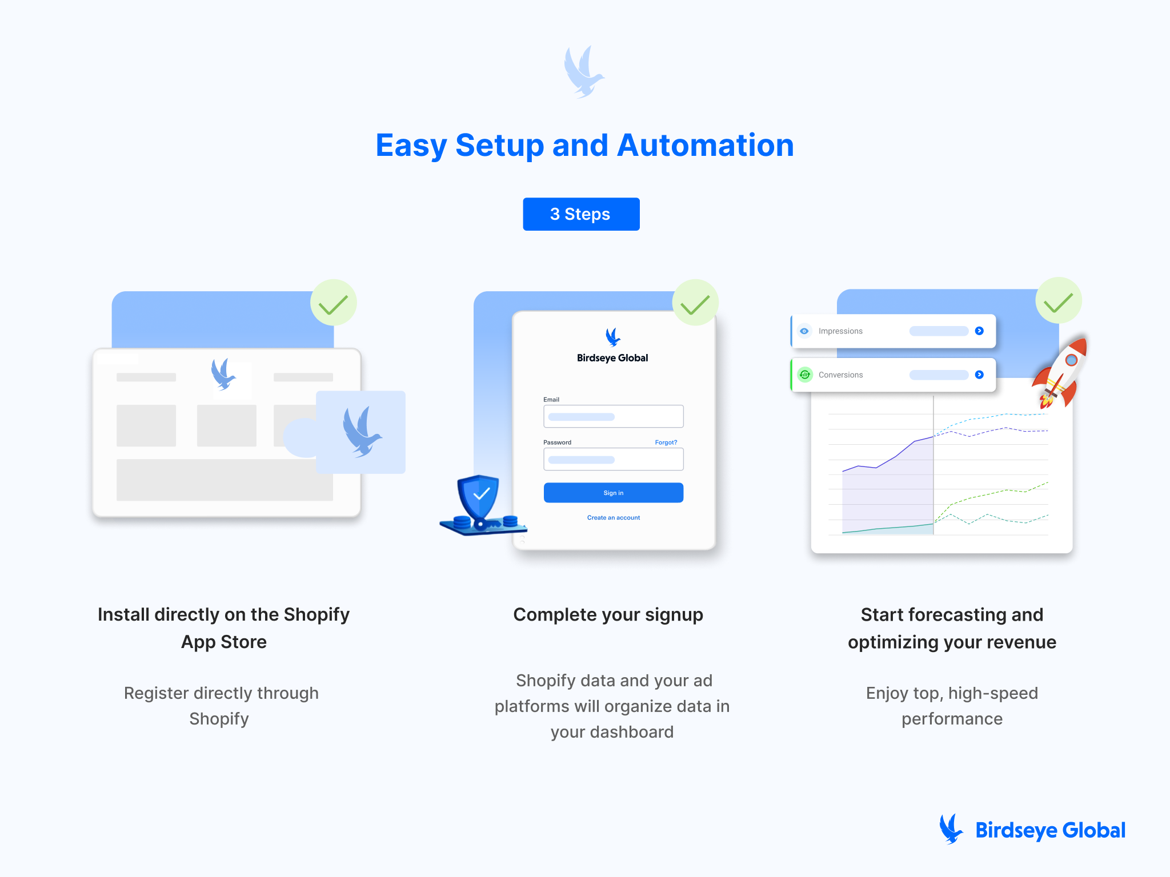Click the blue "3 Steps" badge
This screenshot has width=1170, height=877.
click(x=581, y=214)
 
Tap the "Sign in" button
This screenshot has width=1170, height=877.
click(x=613, y=493)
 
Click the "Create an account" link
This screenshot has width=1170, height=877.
click(x=613, y=518)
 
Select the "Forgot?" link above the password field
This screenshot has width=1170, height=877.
click(x=666, y=442)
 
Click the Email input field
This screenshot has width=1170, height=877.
click(x=613, y=416)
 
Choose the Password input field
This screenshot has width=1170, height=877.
click(x=613, y=460)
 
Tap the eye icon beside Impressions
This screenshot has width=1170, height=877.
click(x=804, y=331)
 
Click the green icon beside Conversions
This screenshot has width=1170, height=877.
click(x=804, y=375)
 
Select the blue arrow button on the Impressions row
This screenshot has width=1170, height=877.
click(x=979, y=331)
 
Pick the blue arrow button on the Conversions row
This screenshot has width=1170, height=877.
click(x=979, y=375)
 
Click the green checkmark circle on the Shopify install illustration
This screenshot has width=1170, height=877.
click(x=334, y=303)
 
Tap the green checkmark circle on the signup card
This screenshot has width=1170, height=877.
click(x=695, y=303)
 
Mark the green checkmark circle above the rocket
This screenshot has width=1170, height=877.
click(x=1059, y=301)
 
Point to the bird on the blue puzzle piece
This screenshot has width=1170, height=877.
click(x=361, y=432)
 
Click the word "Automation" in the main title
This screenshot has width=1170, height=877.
click(x=706, y=145)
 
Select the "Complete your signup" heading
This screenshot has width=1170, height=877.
click(x=608, y=614)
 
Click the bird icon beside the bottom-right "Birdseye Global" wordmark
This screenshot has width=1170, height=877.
click(x=951, y=829)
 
